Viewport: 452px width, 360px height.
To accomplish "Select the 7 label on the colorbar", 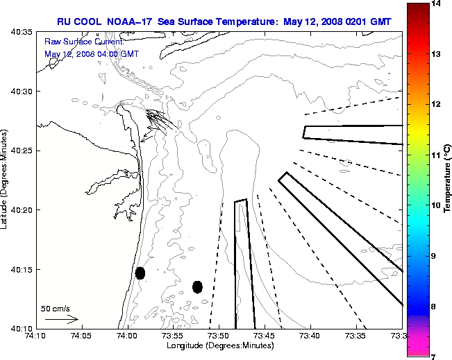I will tap(433, 356).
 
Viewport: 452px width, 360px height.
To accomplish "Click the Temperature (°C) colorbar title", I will tap(448, 180).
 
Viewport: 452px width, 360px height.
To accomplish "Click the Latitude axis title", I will tap(6, 180).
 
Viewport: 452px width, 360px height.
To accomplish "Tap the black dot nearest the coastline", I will tap(140, 273).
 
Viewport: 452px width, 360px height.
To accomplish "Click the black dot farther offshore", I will tap(197, 286).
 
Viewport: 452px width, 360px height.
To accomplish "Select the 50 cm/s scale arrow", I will tap(61, 320).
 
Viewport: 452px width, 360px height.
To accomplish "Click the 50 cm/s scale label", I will tap(55, 308).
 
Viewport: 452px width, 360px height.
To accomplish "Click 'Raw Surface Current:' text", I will tap(75, 42).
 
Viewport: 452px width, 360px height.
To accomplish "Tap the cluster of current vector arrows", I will tap(158, 122).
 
